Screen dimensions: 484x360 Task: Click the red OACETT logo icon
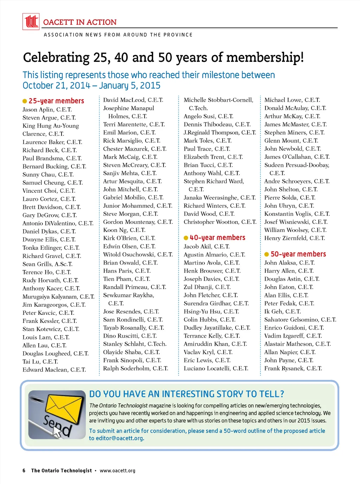(x=31, y=21)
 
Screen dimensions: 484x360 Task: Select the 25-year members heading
(x=56, y=101)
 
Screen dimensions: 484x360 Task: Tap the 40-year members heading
(x=217, y=238)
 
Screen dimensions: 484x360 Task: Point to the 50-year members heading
(x=298, y=254)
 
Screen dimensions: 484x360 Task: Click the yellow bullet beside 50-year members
(x=266, y=254)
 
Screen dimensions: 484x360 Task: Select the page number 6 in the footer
(x=24, y=471)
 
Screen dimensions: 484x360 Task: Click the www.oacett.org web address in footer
(x=117, y=471)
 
